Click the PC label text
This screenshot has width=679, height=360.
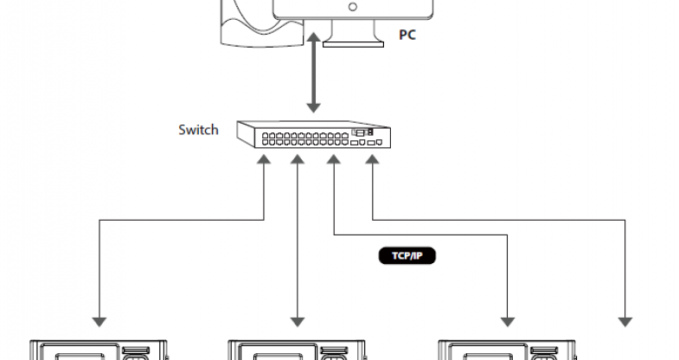coord(407,35)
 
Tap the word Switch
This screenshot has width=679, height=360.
coord(198,130)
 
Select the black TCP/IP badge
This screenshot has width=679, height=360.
coord(405,256)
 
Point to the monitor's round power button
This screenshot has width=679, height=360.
coord(352,7)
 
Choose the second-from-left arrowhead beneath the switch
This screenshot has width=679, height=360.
coord(297,160)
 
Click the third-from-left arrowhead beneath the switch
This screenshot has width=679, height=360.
coord(332,160)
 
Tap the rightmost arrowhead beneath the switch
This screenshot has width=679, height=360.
coord(372,160)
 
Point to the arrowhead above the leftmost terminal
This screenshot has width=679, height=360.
coord(99,321)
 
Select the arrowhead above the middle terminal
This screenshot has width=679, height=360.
coord(297,321)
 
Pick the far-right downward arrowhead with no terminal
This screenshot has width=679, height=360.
coord(625,321)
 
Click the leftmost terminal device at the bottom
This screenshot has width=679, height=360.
coord(99,350)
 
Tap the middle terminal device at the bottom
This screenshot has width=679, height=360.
coord(297,350)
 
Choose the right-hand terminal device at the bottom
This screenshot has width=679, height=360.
coord(509,350)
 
